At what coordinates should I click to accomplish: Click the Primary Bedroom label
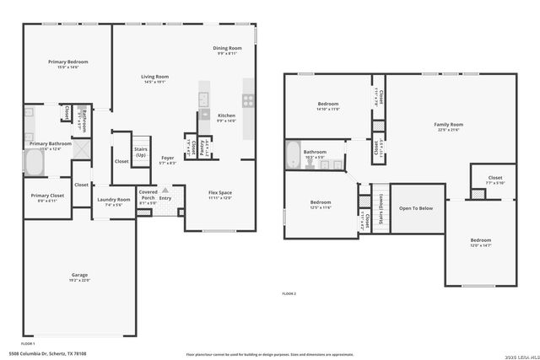click(67, 62)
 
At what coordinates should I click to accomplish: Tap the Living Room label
click(154, 77)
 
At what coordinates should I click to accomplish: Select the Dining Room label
click(227, 48)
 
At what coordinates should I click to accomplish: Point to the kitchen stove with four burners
click(249, 99)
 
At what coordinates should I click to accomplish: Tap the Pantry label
click(202, 148)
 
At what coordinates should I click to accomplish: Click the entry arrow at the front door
click(165, 191)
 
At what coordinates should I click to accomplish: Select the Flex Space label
click(220, 192)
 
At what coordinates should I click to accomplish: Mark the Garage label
click(80, 275)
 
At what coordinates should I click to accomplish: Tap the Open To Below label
click(416, 207)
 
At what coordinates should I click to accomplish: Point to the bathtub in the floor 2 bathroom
click(292, 154)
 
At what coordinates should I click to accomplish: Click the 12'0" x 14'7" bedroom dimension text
click(480, 244)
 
